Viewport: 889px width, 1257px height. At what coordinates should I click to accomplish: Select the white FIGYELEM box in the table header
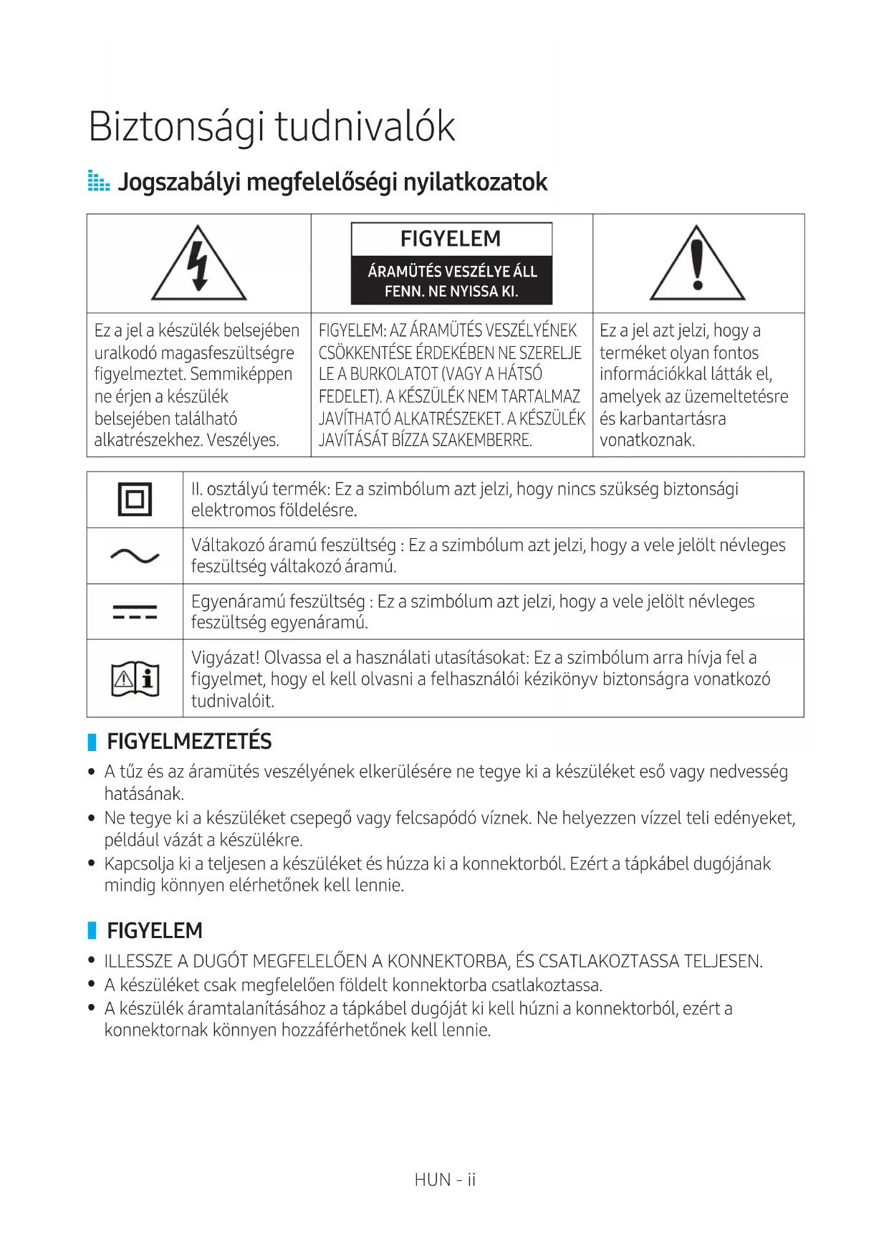(x=451, y=239)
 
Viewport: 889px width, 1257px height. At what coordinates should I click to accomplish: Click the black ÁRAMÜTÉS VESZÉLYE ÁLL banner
(x=451, y=281)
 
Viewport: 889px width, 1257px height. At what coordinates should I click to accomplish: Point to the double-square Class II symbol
(x=135, y=500)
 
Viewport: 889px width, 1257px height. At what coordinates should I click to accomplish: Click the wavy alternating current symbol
(x=135, y=556)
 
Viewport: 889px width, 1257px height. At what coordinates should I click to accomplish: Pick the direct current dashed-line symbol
(x=135, y=612)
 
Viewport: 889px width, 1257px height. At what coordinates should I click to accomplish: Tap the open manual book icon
(x=135, y=679)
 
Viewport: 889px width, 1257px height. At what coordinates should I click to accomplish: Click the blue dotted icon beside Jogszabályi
(x=98, y=181)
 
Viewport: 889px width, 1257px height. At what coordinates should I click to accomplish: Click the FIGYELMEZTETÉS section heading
(x=189, y=742)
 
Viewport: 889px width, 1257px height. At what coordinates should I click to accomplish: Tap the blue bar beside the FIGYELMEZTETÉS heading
(x=92, y=742)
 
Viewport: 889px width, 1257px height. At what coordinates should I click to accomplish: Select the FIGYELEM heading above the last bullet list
(x=155, y=931)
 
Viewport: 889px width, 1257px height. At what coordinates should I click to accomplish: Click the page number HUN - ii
(x=445, y=1180)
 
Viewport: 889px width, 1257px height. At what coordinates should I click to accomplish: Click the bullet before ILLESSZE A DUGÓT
(x=92, y=961)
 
